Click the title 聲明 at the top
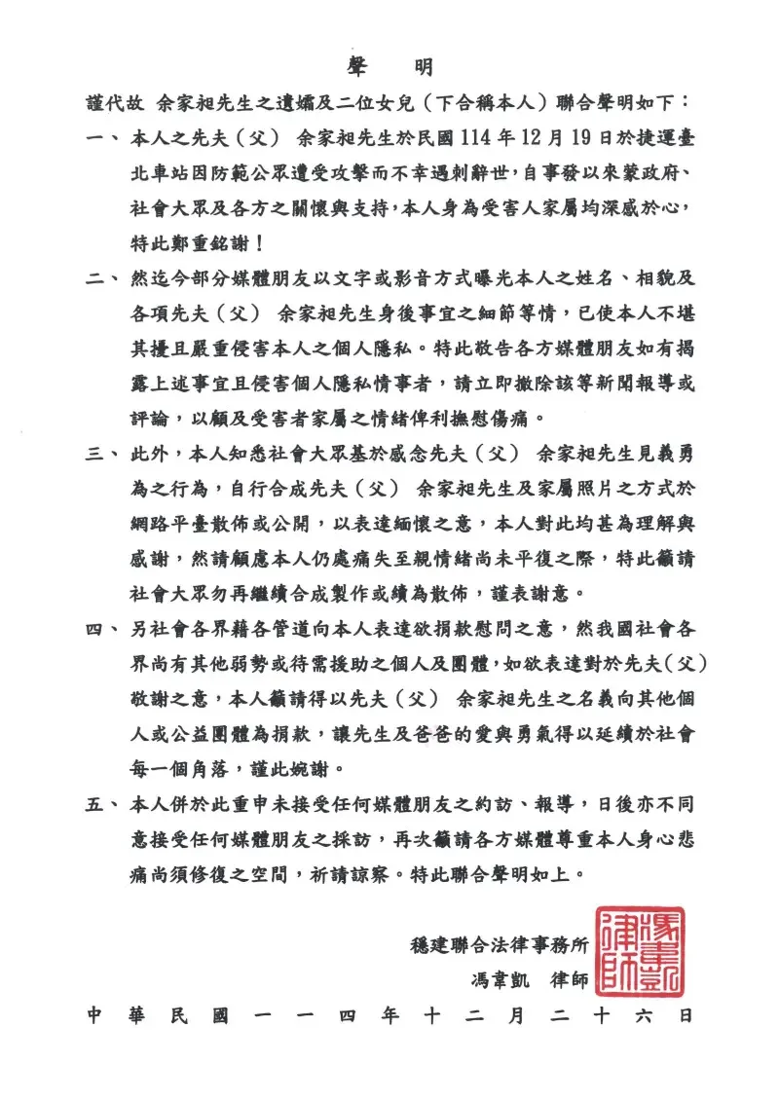(389, 66)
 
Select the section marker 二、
(99, 278)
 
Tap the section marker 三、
(99, 453)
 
